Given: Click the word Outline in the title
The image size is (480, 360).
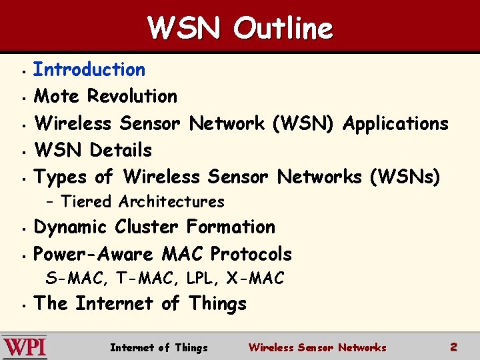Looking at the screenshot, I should point(283,29).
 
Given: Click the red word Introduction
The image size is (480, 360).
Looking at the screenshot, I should point(89,69).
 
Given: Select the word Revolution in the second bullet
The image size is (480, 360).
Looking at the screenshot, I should point(133,96).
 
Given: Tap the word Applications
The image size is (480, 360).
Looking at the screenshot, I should point(395,123).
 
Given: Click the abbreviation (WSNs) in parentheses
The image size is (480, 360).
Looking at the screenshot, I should point(404,177).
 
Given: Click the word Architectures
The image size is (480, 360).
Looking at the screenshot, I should point(171,201).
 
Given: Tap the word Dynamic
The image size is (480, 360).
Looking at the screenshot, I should point(71,227).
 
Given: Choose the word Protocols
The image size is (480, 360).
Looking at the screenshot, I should point(251,254).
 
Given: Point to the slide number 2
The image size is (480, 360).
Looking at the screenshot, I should point(453,347).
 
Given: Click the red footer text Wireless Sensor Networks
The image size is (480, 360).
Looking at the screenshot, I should point(317,347).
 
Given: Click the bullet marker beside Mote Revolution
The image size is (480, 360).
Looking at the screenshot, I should point(23,97).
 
